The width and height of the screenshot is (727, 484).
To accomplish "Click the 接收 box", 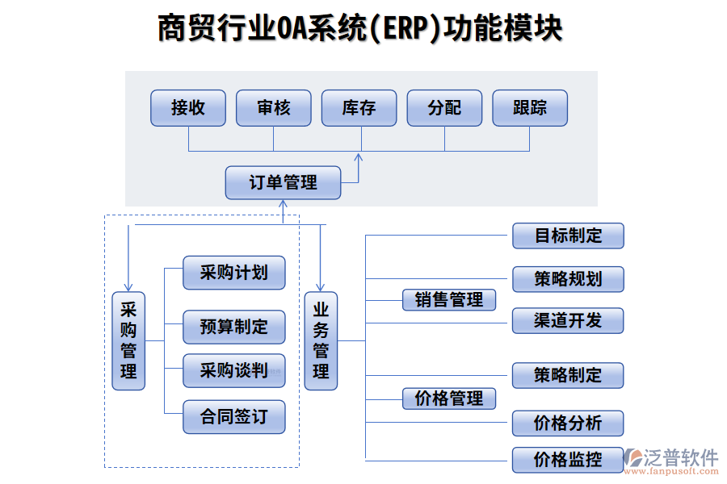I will coord(188,108).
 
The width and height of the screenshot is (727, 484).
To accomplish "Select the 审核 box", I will coord(273,108).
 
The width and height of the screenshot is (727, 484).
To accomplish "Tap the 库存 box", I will coord(359,108).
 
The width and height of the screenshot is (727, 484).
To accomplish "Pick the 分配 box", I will coord(444,108).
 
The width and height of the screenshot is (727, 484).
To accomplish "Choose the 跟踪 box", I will coord(530,108).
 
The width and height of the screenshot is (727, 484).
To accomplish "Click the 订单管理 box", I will coord(283,182).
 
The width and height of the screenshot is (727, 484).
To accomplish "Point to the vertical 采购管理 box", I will coord(128,340).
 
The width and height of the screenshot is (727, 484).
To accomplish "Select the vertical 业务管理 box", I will coord(321,340).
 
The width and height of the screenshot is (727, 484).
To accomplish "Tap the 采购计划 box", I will coord(234,273).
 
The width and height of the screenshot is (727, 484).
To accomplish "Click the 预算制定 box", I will coord(234,328).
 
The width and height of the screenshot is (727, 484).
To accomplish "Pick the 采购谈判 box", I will coord(234,370).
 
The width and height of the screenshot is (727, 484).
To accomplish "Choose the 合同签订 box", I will coord(234,417).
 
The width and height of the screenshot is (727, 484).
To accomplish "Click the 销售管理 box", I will coord(449,300).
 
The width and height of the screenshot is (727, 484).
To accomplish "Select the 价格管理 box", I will coord(449,398).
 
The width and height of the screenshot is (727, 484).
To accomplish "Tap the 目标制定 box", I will coord(568,236).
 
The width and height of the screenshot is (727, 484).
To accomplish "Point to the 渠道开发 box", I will coord(568,320).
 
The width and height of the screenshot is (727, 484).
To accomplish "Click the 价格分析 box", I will coord(568,423).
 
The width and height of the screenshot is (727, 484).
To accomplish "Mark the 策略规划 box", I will coord(568,279).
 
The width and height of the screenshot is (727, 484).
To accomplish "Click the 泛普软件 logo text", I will coord(680,457).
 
